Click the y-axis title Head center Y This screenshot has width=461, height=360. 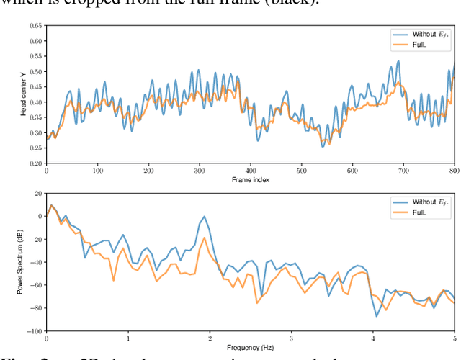tap(24, 95)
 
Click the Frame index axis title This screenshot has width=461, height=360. tap(251, 180)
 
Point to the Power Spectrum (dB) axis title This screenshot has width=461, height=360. tap(21, 261)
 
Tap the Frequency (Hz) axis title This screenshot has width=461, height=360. tap(251, 348)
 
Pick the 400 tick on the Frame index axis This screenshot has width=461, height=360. tap(251, 171)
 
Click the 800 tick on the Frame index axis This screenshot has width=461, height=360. tap(454, 171)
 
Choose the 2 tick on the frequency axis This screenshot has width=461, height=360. tap(210, 339)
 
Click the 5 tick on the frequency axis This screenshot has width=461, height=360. tap(455, 339)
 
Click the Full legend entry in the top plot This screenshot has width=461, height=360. tap(421, 45)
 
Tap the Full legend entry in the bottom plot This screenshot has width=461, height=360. tap(421, 213)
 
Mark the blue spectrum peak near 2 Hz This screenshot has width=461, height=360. tap(205, 216)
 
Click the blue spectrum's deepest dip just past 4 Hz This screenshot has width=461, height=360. tap(376, 315)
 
